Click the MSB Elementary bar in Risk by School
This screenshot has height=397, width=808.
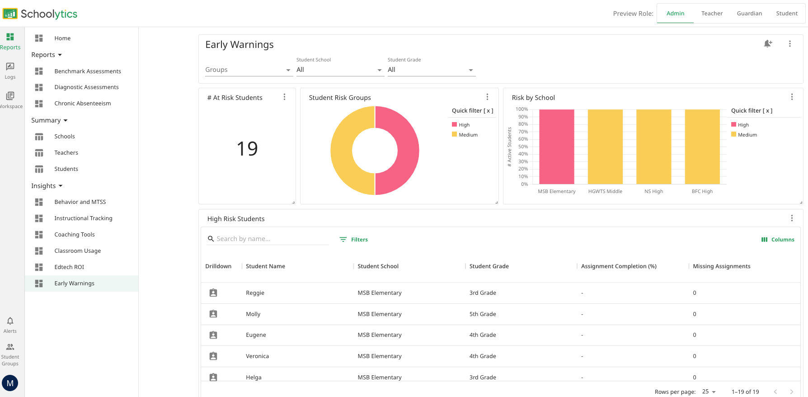556,147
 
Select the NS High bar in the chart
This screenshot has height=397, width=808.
653,147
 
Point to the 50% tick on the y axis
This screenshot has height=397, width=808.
523,147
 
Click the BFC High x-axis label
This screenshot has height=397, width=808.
702,191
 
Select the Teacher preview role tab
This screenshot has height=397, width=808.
712,14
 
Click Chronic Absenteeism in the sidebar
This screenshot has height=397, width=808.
82,104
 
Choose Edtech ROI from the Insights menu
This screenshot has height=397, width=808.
69,267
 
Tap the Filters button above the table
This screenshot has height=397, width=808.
354,240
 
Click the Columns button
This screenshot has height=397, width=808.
778,240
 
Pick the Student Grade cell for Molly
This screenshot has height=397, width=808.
483,314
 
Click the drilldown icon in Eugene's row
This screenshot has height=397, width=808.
213,335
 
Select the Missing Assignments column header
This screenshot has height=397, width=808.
721,266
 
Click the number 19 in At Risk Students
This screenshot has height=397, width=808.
247,149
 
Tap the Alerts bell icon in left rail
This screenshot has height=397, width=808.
10,321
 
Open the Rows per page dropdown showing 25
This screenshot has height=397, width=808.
709,392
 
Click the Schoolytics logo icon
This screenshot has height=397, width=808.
10,14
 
